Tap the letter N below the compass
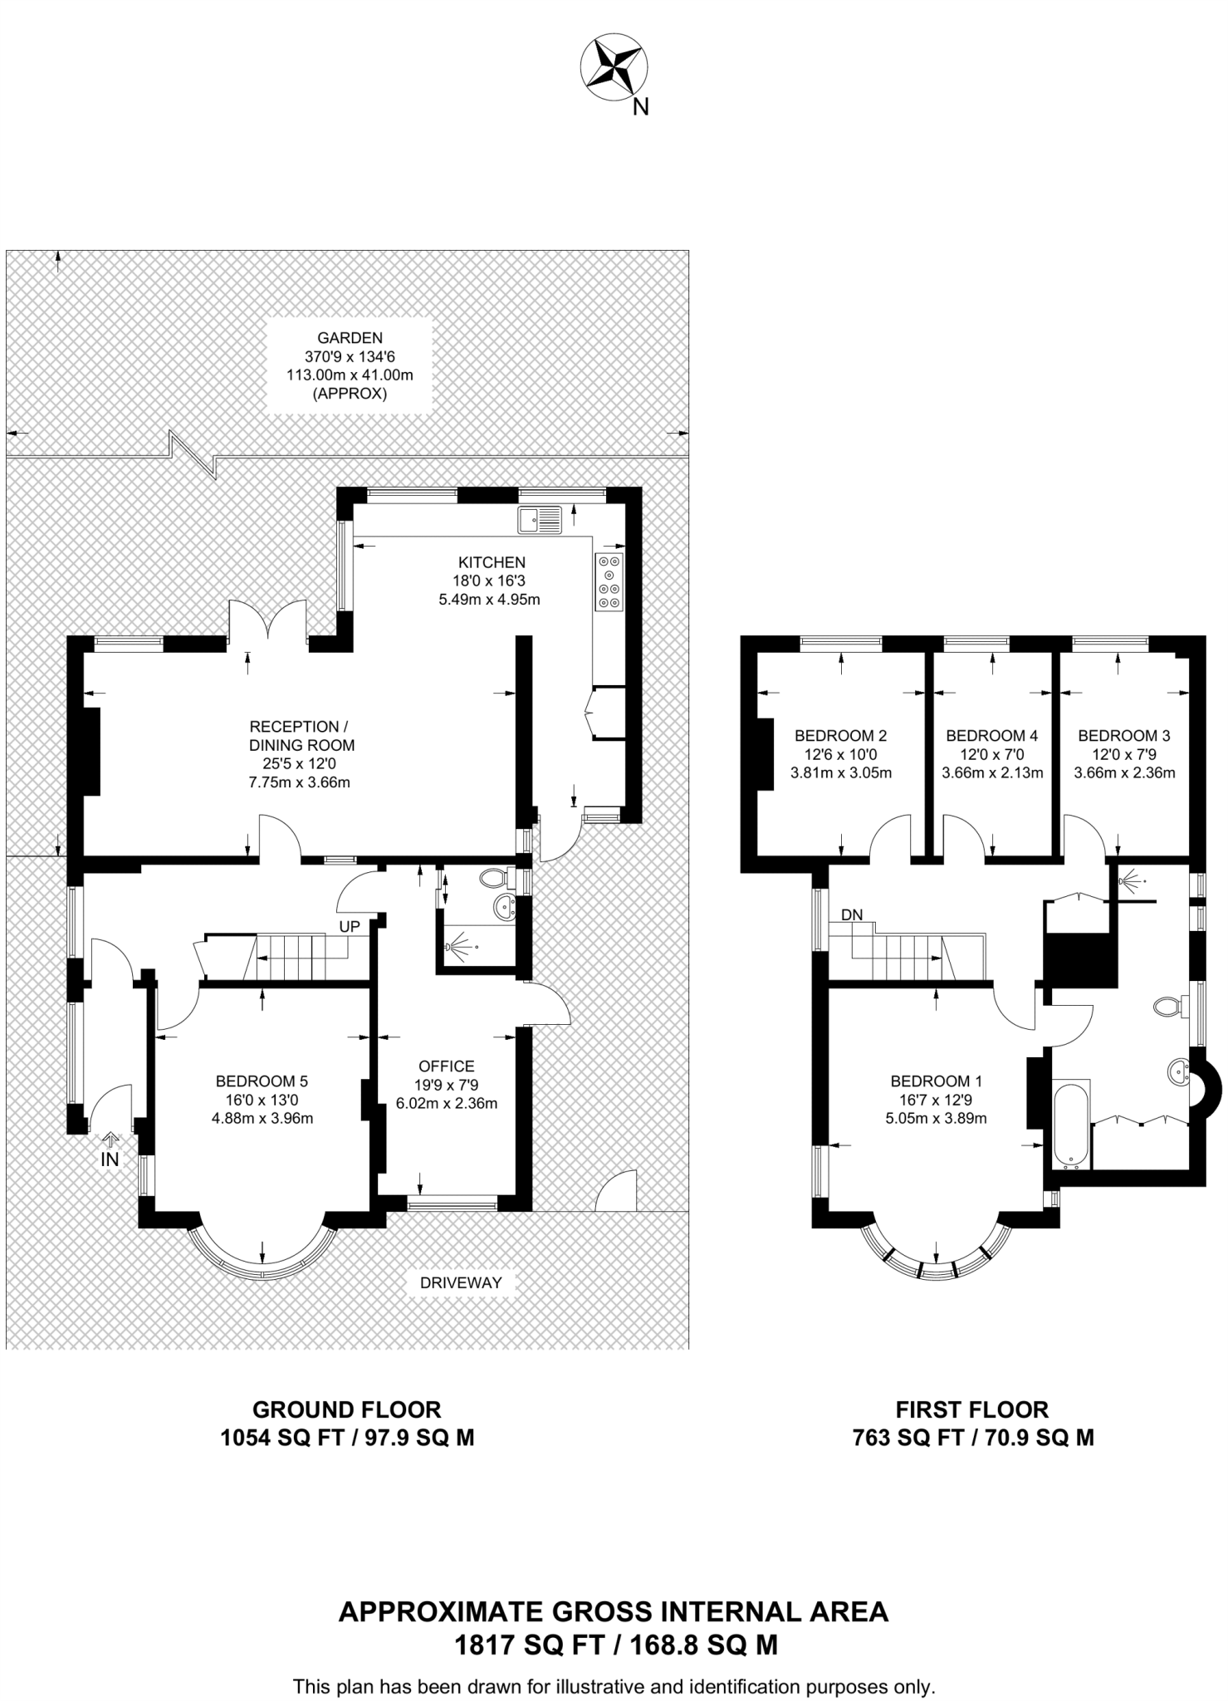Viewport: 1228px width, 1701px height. pyautogui.click(x=640, y=107)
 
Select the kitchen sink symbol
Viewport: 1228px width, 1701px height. pyautogui.click(x=540, y=520)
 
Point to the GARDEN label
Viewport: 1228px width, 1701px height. pyautogui.click(x=350, y=338)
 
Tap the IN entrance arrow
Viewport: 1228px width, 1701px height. pyautogui.click(x=110, y=1152)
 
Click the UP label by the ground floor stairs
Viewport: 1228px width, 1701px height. pyautogui.click(x=350, y=926)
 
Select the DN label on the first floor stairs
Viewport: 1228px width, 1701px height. pyautogui.click(x=852, y=914)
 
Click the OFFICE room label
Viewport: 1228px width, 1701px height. pyautogui.click(x=447, y=1066)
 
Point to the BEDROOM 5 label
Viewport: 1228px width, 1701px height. pyautogui.click(x=262, y=1081)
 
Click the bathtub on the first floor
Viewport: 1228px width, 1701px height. pyautogui.click(x=1070, y=1123)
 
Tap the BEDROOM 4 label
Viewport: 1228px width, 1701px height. pyautogui.click(x=991, y=735)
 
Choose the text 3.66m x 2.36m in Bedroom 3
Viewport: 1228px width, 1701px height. pyautogui.click(x=1124, y=772)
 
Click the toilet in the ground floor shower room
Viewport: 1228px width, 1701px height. pyautogui.click(x=496, y=877)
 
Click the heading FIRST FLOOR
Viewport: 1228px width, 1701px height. pyautogui.click(x=971, y=1409)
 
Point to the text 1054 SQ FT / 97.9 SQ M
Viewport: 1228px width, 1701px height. pyautogui.click(x=347, y=1438)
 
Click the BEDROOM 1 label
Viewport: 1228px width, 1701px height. pyautogui.click(x=936, y=1081)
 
